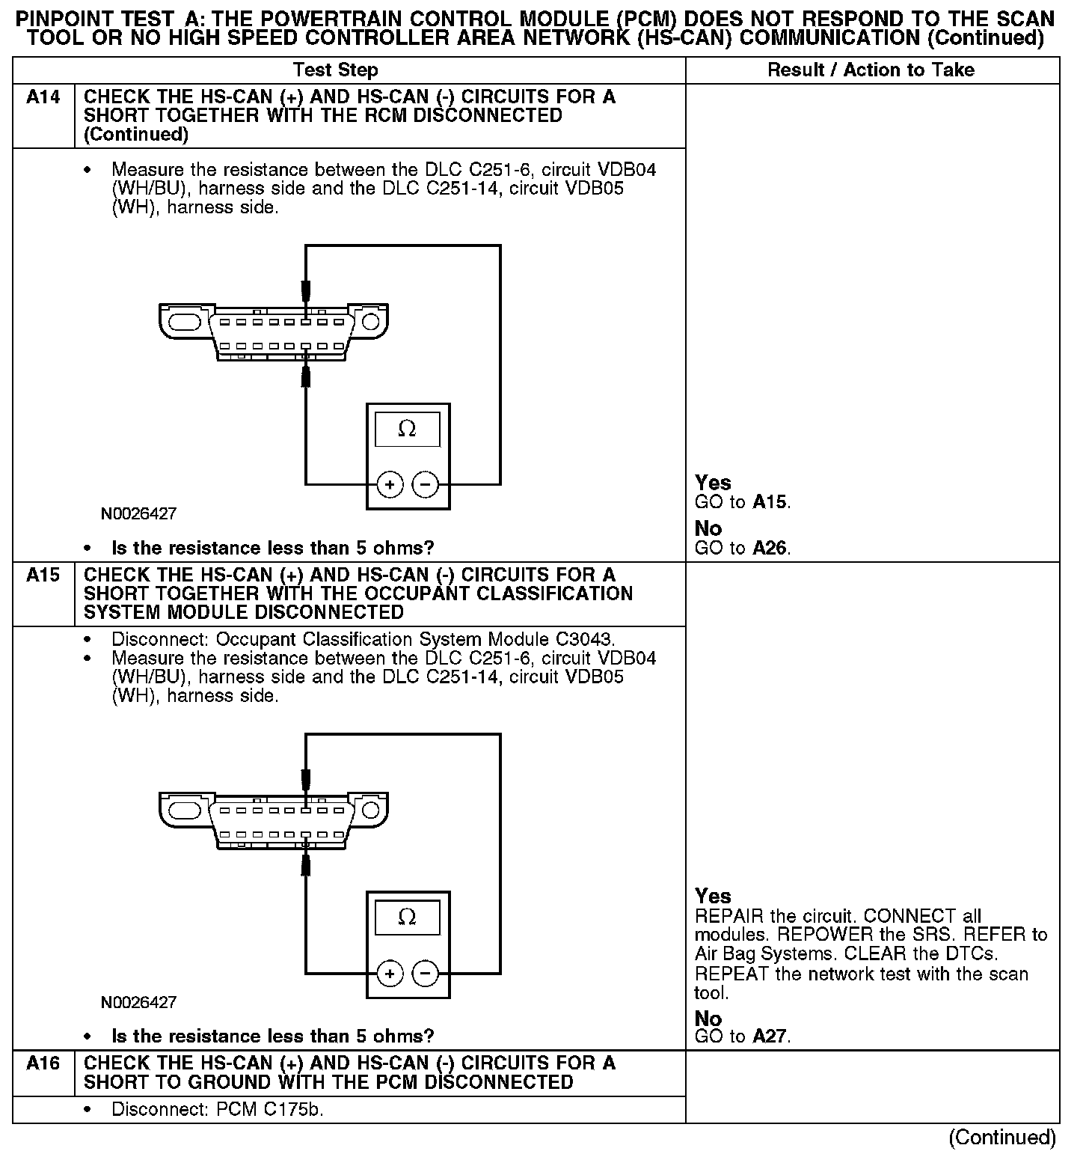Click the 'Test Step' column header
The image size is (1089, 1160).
(335, 70)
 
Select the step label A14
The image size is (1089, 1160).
(43, 97)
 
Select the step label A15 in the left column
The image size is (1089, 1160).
(43, 576)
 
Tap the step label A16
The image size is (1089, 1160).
(43, 1063)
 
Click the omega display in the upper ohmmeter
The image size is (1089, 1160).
(407, 429)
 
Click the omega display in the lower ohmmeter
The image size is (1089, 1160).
(407, 917)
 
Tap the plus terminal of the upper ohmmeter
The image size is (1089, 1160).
(390, 485)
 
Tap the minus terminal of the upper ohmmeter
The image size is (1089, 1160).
(426, 485)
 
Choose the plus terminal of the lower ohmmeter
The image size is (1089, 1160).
(390, 974)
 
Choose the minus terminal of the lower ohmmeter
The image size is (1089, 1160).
(426, 974)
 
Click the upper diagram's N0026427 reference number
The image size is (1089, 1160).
(139, 514)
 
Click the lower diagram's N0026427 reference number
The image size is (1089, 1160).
(139, 1002)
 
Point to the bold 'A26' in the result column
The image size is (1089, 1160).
(770, 549)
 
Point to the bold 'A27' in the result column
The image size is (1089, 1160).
(770, 1037)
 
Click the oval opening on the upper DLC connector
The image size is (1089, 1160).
(184, 323)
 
